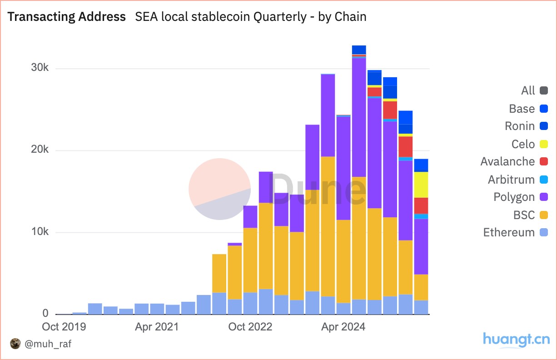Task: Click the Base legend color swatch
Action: click(x=544, y=109)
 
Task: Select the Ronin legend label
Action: click(x=519, y=126)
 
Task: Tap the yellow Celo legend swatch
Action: click(x=544, y=144)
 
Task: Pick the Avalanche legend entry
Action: click(x=507, y=161)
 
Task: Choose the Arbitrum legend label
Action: click(x=511, y=180)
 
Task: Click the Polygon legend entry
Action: click(x=514, y=197)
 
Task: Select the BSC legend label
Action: click(x=524, y=215)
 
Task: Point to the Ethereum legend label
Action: click(x=509, y=232)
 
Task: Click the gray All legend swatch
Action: click(x=544, y=90)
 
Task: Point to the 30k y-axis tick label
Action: click(x=40, y=68)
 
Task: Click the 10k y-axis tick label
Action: click(x=40, y=232)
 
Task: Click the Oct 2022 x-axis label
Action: click(x=250, y=327)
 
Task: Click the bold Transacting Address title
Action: click(x=67, y=17)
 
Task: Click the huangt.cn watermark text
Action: click(x=516, y=340)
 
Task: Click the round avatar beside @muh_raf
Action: click(x=15, y=344)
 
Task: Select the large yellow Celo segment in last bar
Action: click(x=421, y=185)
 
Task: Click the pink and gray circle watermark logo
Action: click(x=219, y=189)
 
